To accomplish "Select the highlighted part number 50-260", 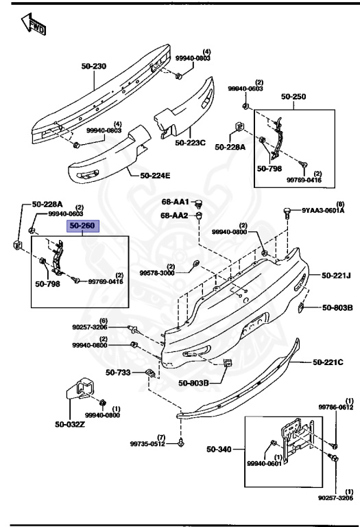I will pos(82,225).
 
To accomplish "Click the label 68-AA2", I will pos(175,215).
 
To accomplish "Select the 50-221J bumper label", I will pos(336,276).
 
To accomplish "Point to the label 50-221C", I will pos(328,362).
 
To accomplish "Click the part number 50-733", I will pos(118,373).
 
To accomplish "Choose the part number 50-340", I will pos(220,450).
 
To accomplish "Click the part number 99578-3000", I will pos(157,272).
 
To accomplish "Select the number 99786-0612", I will pos(335,407).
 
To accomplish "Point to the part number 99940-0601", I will pos(265,465).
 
